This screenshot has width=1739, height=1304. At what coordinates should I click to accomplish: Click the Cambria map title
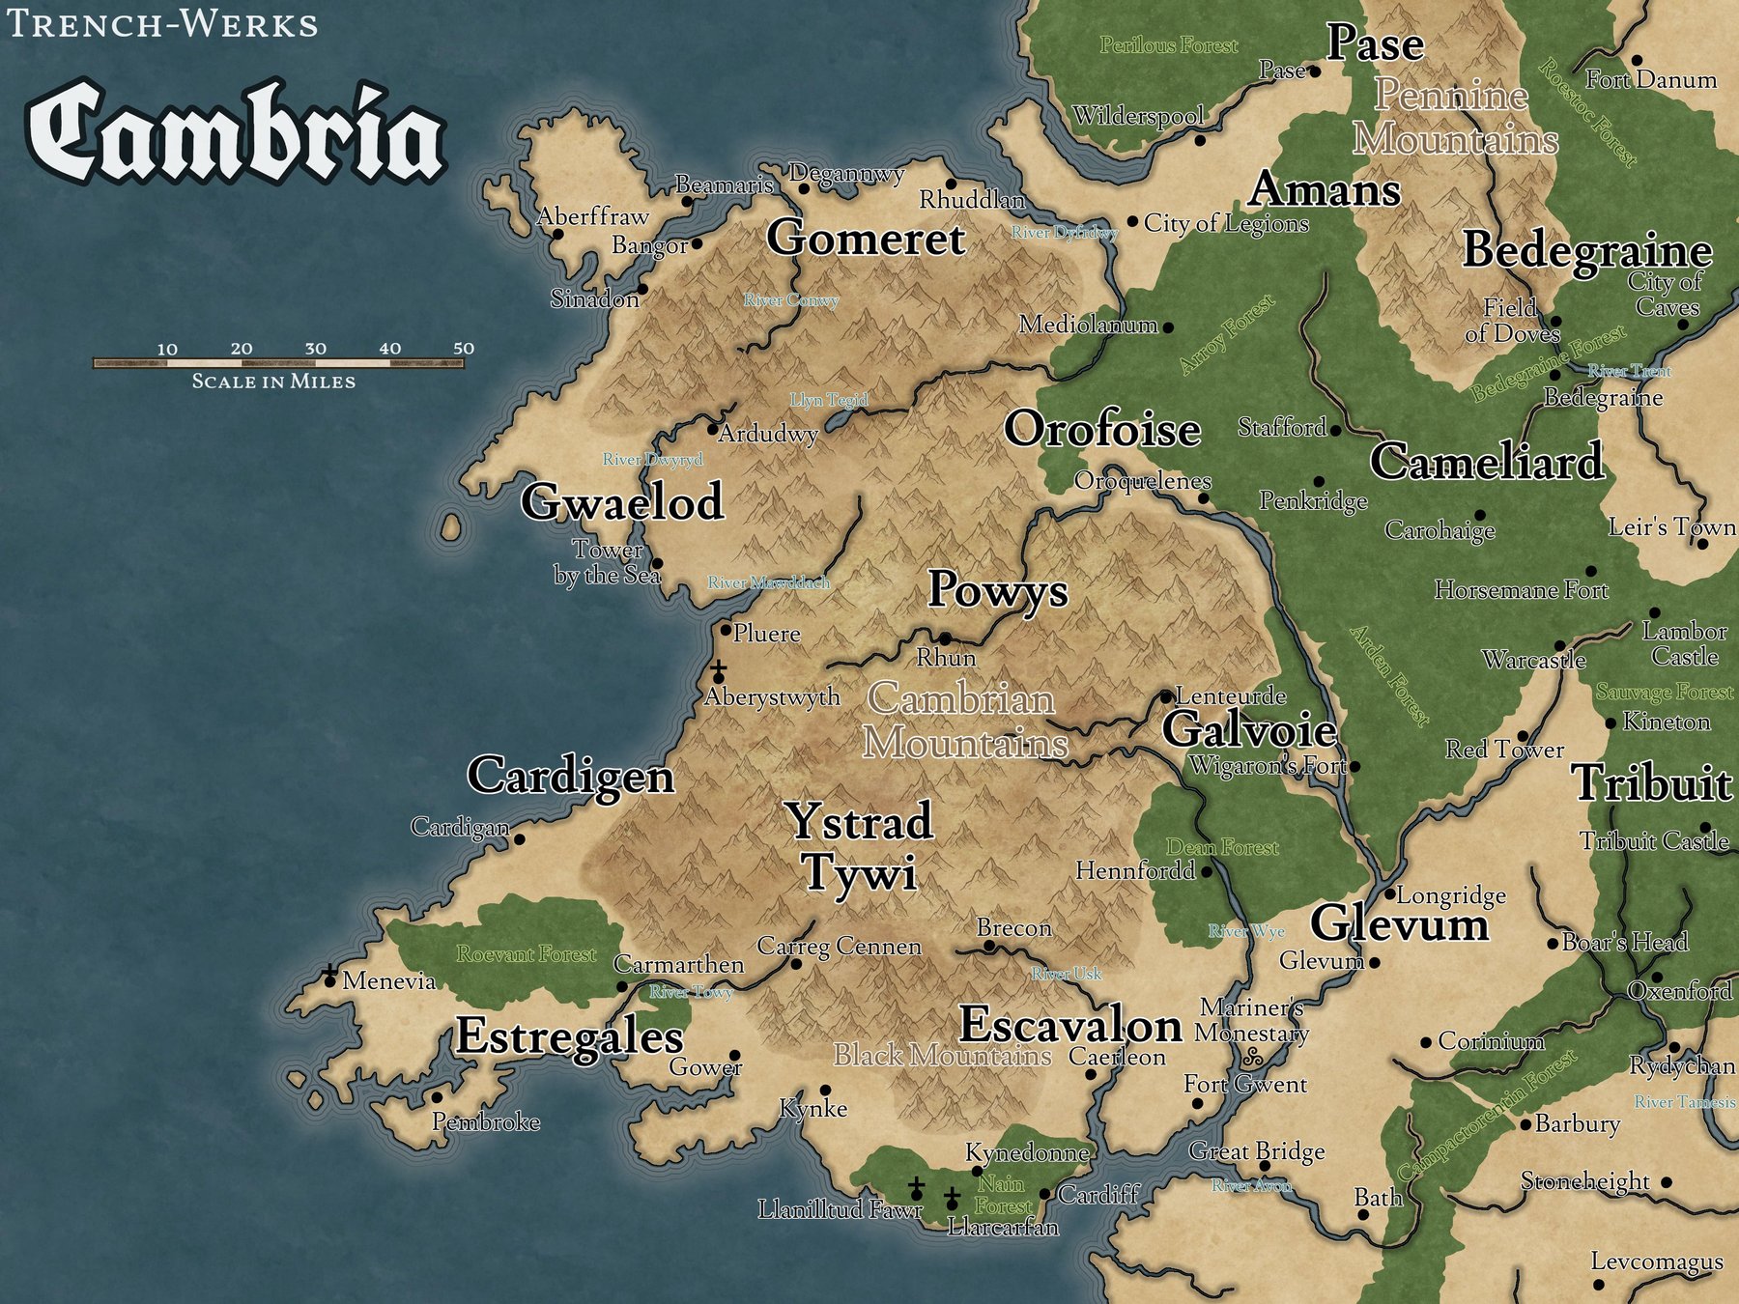[237, 132]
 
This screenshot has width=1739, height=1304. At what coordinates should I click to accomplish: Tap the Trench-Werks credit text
[162, 23]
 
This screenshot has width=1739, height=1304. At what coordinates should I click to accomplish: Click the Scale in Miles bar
[278, 363]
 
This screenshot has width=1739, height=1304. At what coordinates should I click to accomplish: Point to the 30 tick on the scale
[316, 349]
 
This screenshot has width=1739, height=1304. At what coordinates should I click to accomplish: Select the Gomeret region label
[866, 239]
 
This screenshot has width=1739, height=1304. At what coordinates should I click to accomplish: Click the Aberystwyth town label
[772, 696]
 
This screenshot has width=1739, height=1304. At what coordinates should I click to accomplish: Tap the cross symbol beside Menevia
[330, 971]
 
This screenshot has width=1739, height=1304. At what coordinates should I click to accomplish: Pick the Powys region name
[997, 589]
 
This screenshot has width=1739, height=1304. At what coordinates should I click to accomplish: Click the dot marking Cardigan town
[520, 839]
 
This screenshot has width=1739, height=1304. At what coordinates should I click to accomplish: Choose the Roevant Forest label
[527, 954]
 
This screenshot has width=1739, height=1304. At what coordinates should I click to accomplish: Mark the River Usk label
[1066, 974]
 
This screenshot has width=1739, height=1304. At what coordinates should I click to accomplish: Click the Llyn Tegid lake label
[829, 400]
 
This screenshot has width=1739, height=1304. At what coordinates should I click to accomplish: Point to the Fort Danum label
[1651, 80]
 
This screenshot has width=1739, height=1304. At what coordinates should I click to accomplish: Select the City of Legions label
[1226, 224]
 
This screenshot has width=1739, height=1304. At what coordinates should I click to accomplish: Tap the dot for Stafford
[1336, 431]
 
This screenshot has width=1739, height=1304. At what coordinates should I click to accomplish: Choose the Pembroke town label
[485, 1121]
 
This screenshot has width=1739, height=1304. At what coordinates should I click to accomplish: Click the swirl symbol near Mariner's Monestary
[1252, 1057]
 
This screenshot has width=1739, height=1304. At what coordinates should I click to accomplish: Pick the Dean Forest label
[1221, 847]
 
